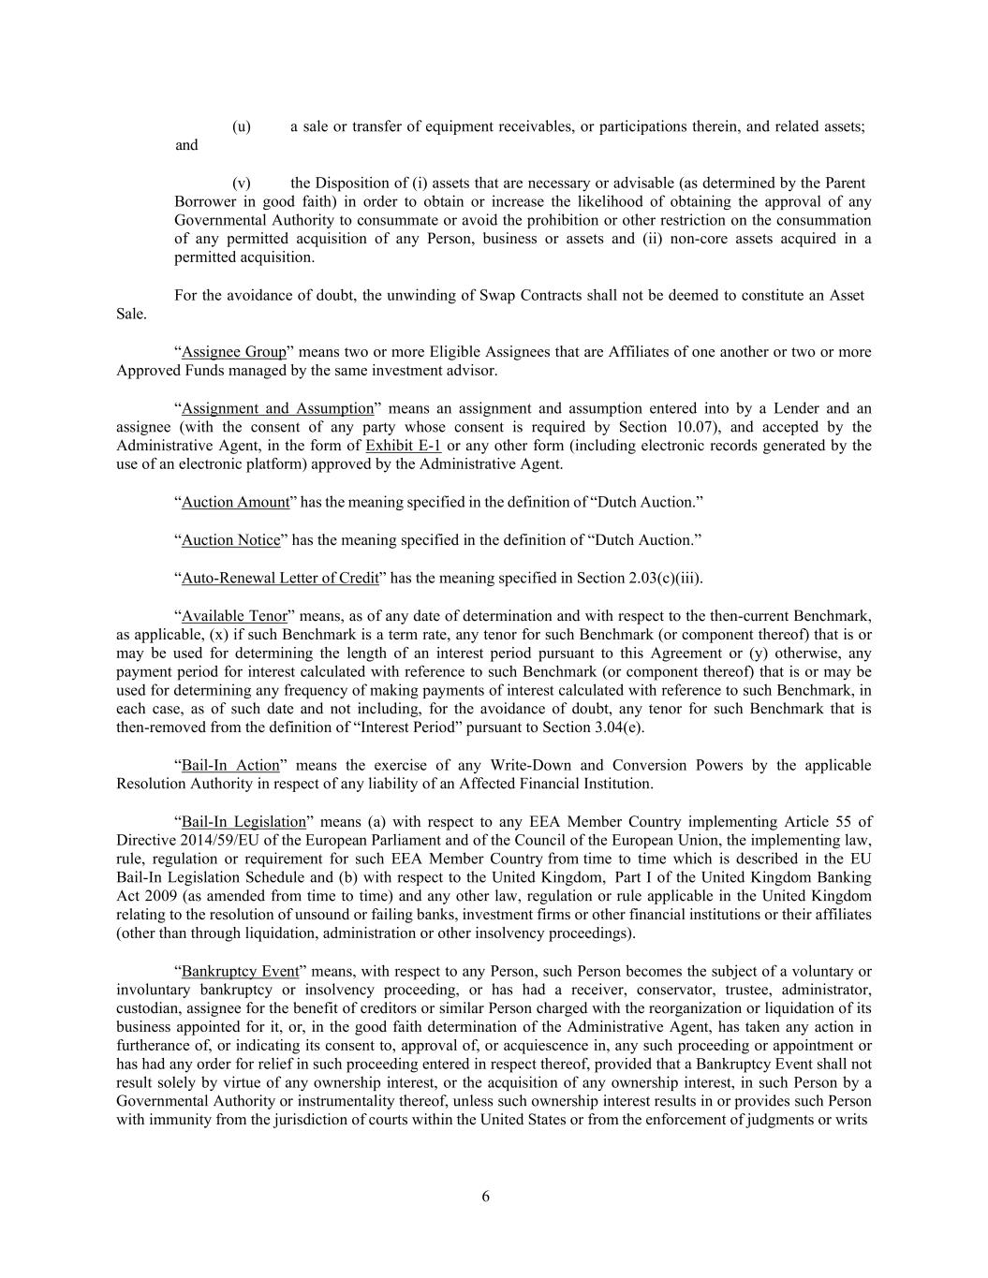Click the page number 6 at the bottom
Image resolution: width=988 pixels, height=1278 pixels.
[486, 1196]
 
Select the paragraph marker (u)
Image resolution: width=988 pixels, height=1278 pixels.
[241, 126]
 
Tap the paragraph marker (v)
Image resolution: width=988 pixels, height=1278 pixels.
[241, 183]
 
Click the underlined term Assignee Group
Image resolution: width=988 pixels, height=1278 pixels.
[233, 352]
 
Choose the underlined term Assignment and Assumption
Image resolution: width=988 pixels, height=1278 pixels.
[277, 408]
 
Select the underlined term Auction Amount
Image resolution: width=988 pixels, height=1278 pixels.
[235, 502]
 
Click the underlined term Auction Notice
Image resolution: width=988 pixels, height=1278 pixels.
[230, 540]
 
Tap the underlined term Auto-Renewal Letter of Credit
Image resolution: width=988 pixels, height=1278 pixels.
[279, 578]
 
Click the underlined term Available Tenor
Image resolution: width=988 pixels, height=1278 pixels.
[234, 616]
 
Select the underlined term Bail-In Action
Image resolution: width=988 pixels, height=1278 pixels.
[230, 766]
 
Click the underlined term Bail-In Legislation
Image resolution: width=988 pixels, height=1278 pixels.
[243, 822]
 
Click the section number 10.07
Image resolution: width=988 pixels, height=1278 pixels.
[700, 427]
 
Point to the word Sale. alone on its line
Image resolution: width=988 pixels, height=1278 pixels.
[131, 314]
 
